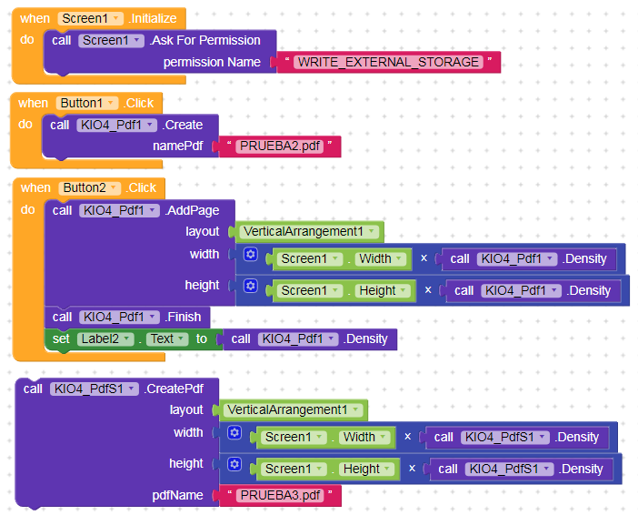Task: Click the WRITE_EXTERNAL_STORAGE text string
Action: (x=389, y=62)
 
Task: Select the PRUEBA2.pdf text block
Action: (x=279, y=146)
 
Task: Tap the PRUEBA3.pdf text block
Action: (x=280, y=496)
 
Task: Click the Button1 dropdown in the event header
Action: (x=88, y=104)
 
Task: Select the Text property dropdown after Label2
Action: (x=167, y=338)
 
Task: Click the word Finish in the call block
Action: (x=186, y=317)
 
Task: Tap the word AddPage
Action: (x=192, y=210)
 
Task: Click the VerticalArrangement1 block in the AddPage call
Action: (x=308, y=231)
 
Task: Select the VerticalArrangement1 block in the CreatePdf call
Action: (x=292, y=409)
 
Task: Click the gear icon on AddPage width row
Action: (x=250, y=256)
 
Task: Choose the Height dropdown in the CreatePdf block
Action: (x=366, y=470)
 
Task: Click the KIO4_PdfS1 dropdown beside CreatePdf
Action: (x=95, y=389)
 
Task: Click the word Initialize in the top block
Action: (x=155, y=18)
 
